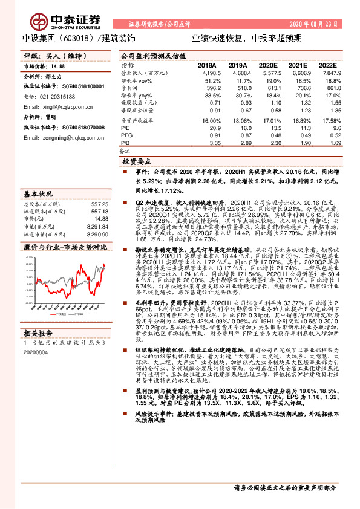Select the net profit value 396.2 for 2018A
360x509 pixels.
[210, 88]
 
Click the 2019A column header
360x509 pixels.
[238, 65]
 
